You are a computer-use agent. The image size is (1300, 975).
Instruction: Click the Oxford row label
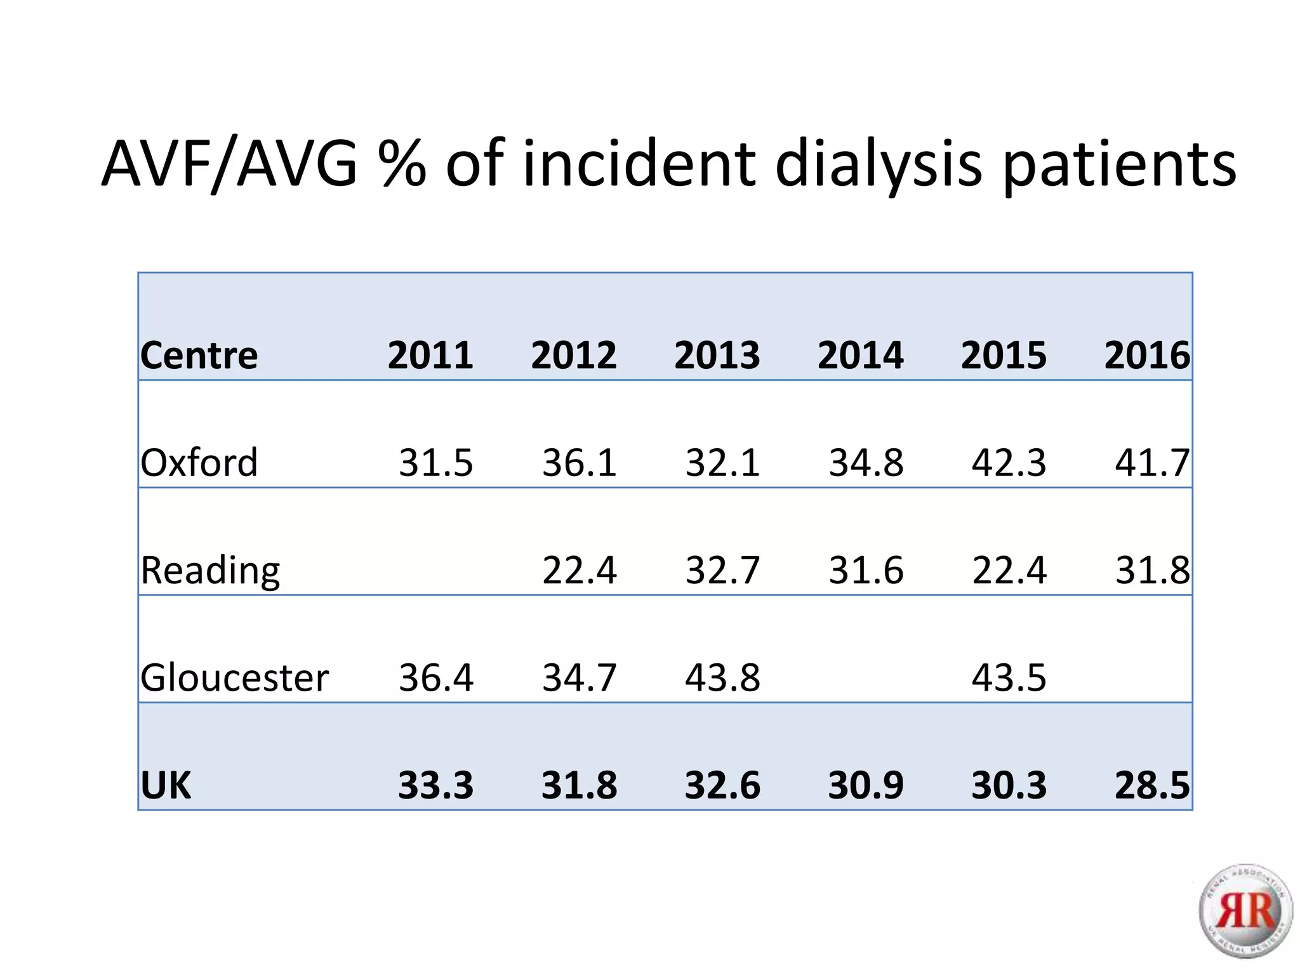[199, 463]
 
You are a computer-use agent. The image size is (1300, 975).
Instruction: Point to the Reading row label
[210, 570]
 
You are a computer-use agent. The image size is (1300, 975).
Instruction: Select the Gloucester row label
[235, 677]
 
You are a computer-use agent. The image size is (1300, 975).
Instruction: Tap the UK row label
[166, 785]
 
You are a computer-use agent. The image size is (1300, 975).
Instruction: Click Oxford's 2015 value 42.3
[1009, 463]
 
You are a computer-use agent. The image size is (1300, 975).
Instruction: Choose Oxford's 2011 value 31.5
[435, 463]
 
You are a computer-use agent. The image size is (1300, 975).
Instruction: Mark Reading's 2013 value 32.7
[722, 570]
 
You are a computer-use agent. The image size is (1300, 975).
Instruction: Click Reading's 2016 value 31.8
[1152, 570]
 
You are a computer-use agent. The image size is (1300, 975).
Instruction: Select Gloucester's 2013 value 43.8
[722, 677]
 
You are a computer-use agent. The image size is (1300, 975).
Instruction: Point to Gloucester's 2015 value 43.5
[1009, 677]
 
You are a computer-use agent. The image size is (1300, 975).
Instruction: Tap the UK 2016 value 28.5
[1152, 785]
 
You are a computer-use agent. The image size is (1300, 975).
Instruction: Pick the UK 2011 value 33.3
[435, 785]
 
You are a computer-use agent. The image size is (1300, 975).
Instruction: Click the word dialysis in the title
[879, 165]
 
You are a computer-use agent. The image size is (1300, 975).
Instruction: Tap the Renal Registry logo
[1245, 911]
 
